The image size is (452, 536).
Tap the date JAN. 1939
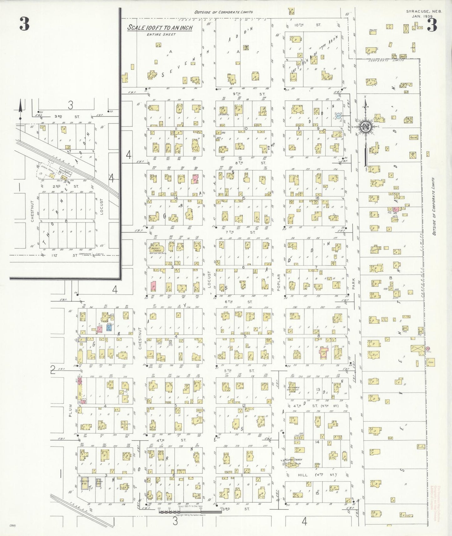[422, 16]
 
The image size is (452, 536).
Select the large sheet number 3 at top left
[24, 24]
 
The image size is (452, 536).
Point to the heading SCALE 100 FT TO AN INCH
[160, 28]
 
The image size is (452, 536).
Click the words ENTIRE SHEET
[161, 34]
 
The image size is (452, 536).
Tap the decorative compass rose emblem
[365, 126]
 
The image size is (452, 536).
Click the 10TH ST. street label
[307, 25]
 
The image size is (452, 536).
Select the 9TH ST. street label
[249, 94]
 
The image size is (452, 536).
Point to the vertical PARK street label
[354, 284]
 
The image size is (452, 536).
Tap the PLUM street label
[70, 410]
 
